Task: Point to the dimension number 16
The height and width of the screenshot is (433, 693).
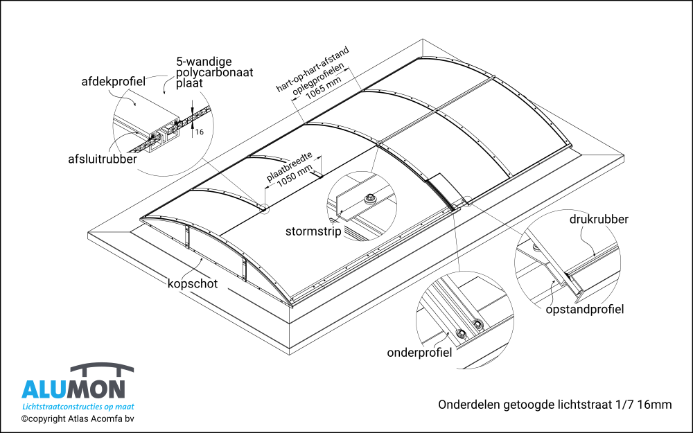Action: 199,131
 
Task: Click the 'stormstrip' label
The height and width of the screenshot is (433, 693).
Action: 313,231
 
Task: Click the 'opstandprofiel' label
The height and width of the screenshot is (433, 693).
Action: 585,309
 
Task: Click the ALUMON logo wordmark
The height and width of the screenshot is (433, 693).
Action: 73,389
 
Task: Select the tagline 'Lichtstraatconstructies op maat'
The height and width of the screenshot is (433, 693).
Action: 78,407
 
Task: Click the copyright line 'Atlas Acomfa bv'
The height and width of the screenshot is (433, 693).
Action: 77,418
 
